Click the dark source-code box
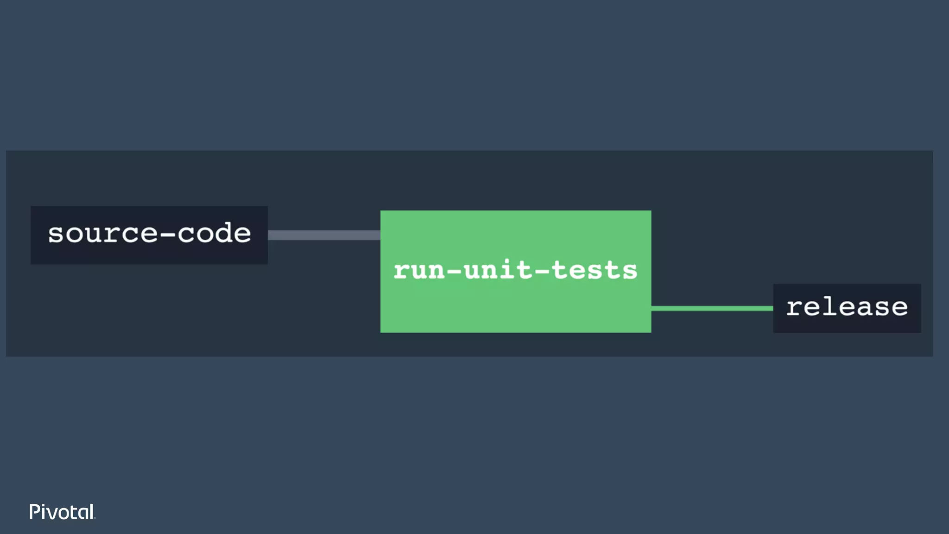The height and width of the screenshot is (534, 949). pos(149,235)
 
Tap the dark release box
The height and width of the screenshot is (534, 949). pos(847,308)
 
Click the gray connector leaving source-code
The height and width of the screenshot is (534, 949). pos(324,235)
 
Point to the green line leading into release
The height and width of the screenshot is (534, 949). pos(712,308)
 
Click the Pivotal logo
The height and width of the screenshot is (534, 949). pos(62,512)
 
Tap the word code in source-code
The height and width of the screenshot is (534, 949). pos(214,233)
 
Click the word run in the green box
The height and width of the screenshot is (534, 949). pos(419,271)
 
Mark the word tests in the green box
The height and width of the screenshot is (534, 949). pos(595,271)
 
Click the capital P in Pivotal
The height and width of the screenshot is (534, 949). pos(34,512)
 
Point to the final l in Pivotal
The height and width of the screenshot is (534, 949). pos(92,512)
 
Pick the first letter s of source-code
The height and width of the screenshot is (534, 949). pos(56,234)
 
